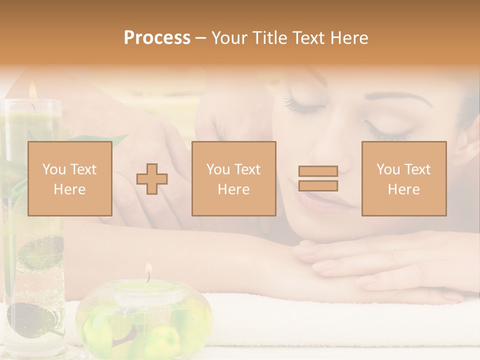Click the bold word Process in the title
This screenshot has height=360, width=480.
coord(157,38)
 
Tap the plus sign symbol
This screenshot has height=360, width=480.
coord(152,179)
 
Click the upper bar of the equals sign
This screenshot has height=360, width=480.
coord(318,171)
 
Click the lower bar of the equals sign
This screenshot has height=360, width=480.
coord(318,186)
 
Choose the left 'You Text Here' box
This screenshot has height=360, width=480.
coord(70,179)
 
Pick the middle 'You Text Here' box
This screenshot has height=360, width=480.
coord(233,179)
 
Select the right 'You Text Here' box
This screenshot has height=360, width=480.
coord(404,179)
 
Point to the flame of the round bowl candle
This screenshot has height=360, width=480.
coord(148,270)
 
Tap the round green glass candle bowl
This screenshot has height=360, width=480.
coord(145,315)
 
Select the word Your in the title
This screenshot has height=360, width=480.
coord(228,38)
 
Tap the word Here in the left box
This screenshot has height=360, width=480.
coord(69,189)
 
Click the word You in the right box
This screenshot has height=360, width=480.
coord(388,169)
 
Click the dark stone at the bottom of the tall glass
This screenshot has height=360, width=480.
coord(31,317)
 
